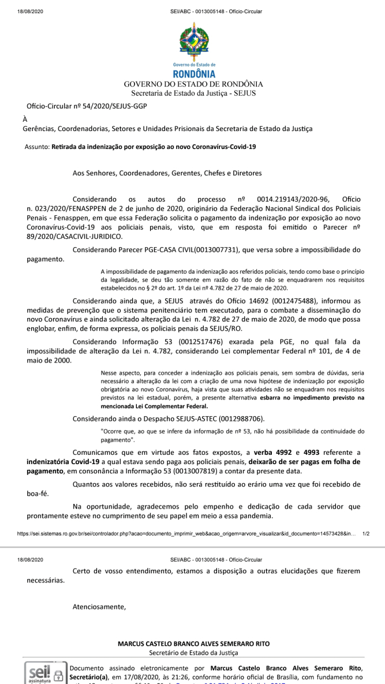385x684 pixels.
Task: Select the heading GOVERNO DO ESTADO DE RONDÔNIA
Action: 193,84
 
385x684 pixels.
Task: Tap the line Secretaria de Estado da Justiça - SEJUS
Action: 193,93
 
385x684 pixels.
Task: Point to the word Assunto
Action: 36,147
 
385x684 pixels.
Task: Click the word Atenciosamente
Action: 99,607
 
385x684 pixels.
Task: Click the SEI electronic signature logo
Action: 44,674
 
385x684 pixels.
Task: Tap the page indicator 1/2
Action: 366,535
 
